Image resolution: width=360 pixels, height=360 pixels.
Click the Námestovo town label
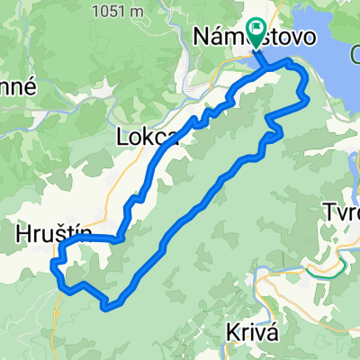255,39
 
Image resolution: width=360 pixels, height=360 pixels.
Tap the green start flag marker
256,33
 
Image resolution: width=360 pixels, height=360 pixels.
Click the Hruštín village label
54,233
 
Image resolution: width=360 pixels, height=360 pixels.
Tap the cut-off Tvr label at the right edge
341,213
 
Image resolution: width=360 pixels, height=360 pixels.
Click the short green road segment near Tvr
322,268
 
